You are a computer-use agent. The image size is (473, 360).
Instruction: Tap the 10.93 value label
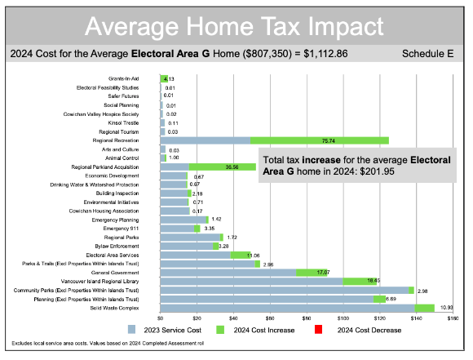446,307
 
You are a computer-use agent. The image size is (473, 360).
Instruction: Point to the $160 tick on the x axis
452,318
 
